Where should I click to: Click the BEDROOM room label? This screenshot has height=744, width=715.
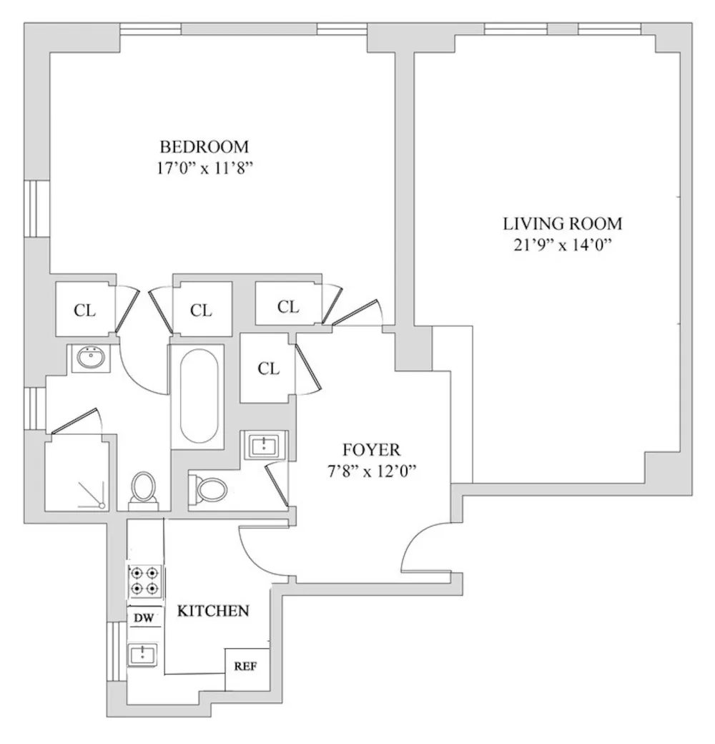click(x=204, y=147)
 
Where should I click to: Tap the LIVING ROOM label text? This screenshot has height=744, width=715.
click(x=562, y=223)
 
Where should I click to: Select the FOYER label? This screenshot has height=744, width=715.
click(x=371, y=449)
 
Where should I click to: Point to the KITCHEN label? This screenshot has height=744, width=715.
click(x=213, y=611)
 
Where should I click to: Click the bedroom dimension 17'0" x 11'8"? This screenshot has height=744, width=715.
click(x=204, y=168)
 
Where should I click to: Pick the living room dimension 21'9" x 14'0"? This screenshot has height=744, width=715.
click(x=562, y=245)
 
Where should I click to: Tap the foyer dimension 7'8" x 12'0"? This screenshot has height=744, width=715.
click(x=371, y=471)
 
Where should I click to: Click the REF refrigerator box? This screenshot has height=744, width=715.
click(x=247, y=669)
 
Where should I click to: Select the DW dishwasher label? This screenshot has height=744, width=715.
click(x=144, y=618)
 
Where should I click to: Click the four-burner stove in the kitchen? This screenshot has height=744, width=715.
click(x=144, y=581)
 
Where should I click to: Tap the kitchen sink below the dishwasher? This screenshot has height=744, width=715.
click(x=143, y=655)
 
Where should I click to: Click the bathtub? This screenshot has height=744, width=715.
click(x=199, y=396)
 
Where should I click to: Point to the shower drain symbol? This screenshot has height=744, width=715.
click(x=101, y=505)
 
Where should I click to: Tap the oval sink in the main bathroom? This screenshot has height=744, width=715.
click(x=91, y=358)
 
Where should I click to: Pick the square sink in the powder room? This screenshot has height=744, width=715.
click(x=264, y=446)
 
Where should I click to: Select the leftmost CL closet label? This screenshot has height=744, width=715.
click(x=85, y=310)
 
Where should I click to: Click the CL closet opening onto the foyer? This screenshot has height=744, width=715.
click(x=268, y=368)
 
